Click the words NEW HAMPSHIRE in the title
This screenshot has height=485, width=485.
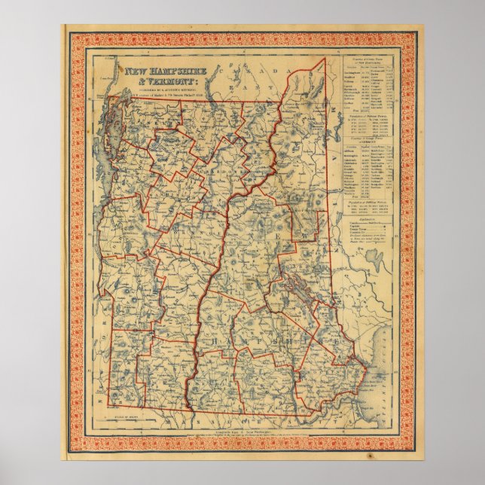click(160, 71)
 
